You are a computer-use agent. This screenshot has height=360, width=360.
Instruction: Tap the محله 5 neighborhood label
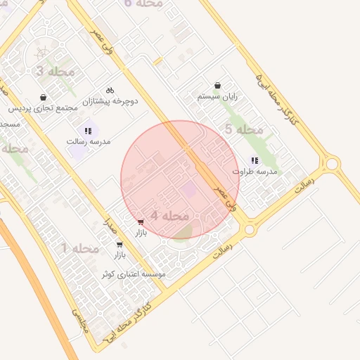click(243, 129)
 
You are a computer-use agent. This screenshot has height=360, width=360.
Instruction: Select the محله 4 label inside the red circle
click(169, 214)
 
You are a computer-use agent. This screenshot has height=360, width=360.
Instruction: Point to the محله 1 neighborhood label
click(79, 248)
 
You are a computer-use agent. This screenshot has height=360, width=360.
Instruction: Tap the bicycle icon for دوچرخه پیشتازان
click(110, 90)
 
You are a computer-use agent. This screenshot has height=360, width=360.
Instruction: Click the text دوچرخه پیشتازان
click(110, 101)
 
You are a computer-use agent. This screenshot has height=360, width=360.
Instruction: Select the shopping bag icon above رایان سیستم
click(217, 86)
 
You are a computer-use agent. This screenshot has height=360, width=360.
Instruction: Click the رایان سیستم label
click(217, 96)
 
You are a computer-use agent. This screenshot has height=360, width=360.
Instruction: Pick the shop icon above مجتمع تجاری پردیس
click(44, 97)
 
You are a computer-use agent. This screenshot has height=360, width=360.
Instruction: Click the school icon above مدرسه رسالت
click(88, 130)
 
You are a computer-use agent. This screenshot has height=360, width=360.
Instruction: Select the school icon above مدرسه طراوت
click(254, 160)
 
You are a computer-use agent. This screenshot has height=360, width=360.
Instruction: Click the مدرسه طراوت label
click(255, 171)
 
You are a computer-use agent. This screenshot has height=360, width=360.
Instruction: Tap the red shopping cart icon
click(141, 221)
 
